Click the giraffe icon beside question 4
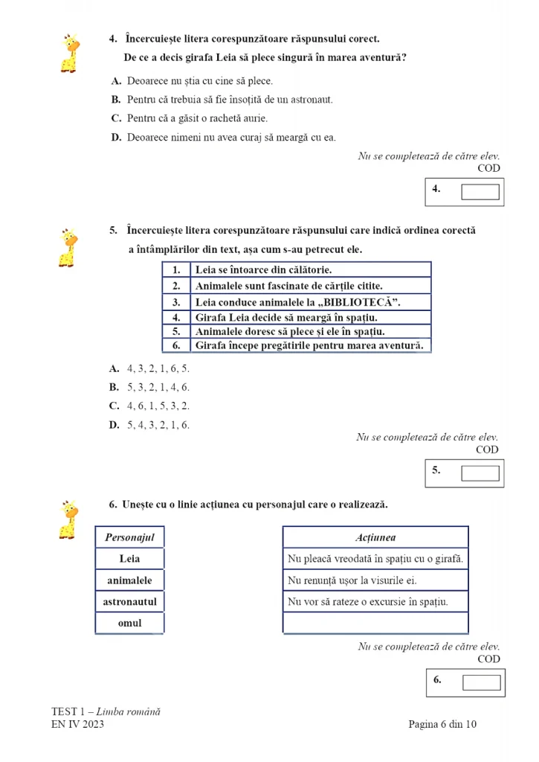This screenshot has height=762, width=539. tap(70, 53)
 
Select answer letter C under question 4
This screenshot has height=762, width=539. tap(116, 118)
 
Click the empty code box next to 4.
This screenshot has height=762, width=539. tap(480, 192)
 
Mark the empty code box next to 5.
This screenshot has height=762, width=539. tap(480, 473)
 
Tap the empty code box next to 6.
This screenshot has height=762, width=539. tap(481, 682)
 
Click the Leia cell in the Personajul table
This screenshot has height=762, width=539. tap(129, 558)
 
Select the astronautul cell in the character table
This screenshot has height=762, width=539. tap(129, 601)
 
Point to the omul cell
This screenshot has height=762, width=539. tap(129, 623)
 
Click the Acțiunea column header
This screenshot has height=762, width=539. tap(375, 537)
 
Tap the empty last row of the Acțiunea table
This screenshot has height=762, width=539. tap(375, 623)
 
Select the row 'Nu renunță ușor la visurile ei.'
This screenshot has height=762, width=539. tap(375, 580)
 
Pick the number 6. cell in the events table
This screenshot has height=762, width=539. tap(177, 345)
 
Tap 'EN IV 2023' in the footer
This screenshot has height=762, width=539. tap(77, 724)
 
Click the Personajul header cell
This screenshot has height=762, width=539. tap(129, 537)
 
